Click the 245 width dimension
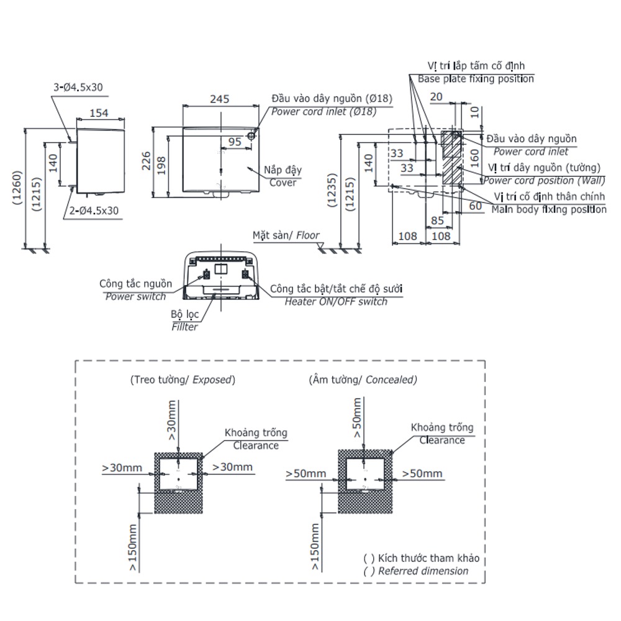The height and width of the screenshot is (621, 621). tap(219, 99)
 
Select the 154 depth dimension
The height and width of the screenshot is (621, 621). tap(99, 113)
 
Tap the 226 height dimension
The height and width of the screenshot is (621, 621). tap(146, 161)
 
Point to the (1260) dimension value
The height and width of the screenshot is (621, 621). tap(17, 188)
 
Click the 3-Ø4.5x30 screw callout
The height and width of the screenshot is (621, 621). tap(78, 87)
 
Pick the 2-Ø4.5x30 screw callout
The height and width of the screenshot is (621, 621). tap(94, 211)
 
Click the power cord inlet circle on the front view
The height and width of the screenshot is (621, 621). tap(252, 135)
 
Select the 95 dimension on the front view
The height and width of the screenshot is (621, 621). tap(235, 142)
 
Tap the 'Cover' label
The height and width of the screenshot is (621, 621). tap(283, 183)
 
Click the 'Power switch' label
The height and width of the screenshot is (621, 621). tap(135, 297)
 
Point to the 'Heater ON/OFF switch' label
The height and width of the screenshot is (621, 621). tap(336, 302)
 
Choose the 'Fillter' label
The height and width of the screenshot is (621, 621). tap(184, 327)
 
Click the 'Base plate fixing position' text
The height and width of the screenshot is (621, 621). tap(476, 79)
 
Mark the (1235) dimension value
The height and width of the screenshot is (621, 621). tap(332, 190)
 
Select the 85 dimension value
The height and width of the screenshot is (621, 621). tap(437, 220)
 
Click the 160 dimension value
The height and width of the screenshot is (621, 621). tap(474, 158)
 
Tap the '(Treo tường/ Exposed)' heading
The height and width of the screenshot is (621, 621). tap(183, 380)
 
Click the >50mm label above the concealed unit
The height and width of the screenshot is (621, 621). tap(357, 418)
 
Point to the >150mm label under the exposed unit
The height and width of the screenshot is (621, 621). tap(132, 548)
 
